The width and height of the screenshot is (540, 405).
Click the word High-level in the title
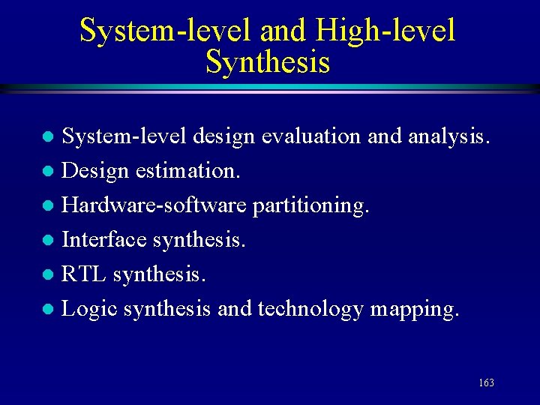(385, 31)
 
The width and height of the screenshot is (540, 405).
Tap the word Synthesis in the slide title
(268, 62)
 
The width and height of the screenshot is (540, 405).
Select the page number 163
(486, 383)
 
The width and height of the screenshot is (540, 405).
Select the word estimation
(188, 171)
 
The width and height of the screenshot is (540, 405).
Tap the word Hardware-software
(154, 205)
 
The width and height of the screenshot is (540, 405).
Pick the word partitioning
(311, 205)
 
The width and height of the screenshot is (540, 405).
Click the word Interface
(104, 239)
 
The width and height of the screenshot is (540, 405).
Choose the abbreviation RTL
(84, 274)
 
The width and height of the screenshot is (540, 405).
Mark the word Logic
(89, 308)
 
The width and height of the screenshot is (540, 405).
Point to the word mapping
(414, 308)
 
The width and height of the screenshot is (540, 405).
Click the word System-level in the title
(165, 31)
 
